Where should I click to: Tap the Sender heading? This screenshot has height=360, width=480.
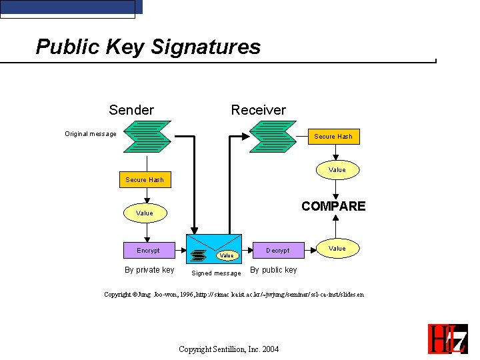click(x=131, y=110)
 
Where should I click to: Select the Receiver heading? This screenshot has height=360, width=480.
click(x=258, y=110)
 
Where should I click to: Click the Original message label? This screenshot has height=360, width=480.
click(x=91, y=134)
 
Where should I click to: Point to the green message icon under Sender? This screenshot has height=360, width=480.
click(x=148, y=137)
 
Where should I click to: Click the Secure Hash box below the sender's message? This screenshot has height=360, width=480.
click(x=145, y=179)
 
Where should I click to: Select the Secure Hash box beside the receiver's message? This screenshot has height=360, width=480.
click(x=333, y=137)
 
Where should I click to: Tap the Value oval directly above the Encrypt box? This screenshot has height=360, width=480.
click(x=145, y=213)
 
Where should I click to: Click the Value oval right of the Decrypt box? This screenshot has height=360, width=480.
click(x=337, y=249)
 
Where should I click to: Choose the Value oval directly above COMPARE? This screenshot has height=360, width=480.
click(x=337, y=170)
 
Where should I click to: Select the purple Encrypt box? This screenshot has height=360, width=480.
click(x=148, y=250)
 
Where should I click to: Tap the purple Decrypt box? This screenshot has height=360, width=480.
click(x=278, y=250)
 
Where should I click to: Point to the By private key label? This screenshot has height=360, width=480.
click(x=149, y=270)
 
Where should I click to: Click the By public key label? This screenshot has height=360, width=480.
click(x=273, y=270)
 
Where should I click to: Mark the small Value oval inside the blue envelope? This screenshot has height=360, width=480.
click(x=227, y=255)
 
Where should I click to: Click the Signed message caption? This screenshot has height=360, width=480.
click(x=216, y=273)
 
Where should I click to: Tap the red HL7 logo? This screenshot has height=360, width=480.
click(x=447, y=338)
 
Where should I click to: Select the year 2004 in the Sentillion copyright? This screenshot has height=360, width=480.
click(x=270, y=349)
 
